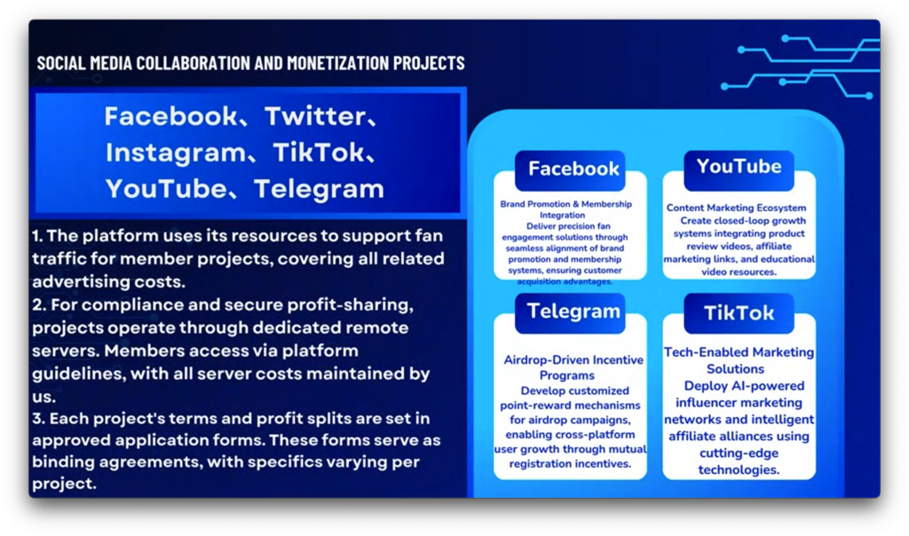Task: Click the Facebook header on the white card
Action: pos(573,169)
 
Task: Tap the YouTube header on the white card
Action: pos(739,167)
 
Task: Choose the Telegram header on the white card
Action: pos(573,311)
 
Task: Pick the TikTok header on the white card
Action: pos(739,313)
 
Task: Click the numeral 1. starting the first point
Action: pos(37,236)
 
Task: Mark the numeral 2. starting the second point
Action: pos(39,304)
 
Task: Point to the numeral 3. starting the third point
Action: pos(38,418)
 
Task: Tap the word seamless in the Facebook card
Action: pos(525,248)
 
